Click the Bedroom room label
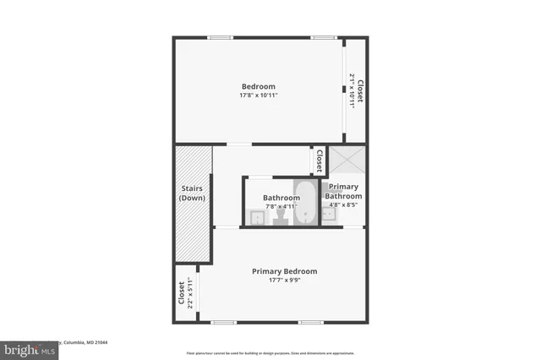259,86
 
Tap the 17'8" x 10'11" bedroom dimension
259,95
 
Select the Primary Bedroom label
284,271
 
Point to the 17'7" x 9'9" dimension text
284,281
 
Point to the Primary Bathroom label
343,192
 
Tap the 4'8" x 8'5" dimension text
343,204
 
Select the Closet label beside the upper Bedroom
360,90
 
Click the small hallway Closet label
319,160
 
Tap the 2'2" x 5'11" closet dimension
190,293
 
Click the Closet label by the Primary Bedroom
181,293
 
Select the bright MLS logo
27,348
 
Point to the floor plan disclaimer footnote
270,353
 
